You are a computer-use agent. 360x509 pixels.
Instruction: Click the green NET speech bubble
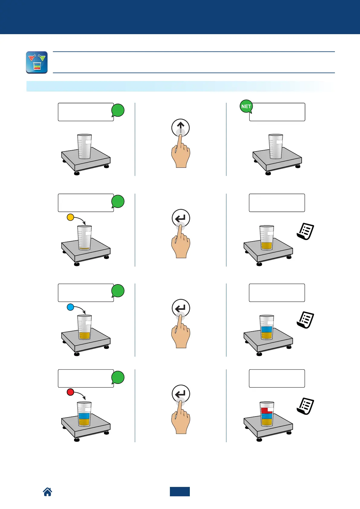246,107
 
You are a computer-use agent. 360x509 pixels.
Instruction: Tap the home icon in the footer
47,492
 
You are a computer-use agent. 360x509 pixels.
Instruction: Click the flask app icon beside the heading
37,62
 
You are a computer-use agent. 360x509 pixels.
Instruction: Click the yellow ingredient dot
70,217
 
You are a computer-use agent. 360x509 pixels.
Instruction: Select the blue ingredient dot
70,307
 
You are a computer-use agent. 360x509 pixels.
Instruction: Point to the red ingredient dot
70,392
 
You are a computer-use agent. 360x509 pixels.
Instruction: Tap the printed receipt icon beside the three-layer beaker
305,406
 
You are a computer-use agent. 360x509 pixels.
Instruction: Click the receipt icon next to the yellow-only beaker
305,231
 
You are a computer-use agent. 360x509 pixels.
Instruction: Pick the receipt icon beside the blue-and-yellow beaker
305,320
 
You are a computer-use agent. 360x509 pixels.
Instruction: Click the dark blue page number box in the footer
180,491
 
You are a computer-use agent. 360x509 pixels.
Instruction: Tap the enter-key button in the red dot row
181,394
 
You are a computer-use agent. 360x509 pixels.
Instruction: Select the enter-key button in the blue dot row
181,308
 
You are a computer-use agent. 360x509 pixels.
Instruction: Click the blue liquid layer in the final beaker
267,416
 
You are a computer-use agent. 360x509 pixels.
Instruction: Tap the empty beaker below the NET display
276,146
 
